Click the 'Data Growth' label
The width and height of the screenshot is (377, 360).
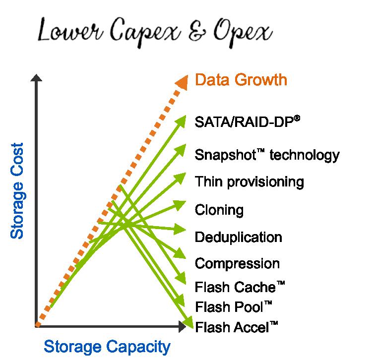pos(241,80)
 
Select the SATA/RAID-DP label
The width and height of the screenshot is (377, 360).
pos(248,121)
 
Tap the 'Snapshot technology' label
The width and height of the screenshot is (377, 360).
pos(267,155)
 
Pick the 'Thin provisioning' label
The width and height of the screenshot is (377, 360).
pos(249,181)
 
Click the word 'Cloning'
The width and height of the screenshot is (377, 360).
pos(219,210)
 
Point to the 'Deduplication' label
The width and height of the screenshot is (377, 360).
pos(238,237)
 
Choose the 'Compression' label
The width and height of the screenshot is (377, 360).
pos(237,263)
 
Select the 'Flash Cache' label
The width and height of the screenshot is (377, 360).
pos(240,287)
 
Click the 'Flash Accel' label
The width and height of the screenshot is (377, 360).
pos(236,327)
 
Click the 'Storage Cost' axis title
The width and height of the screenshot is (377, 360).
pos(18,191)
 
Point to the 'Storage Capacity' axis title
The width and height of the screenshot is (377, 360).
pos(107,346)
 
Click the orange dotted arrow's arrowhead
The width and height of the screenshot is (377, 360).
pos(182,82)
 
